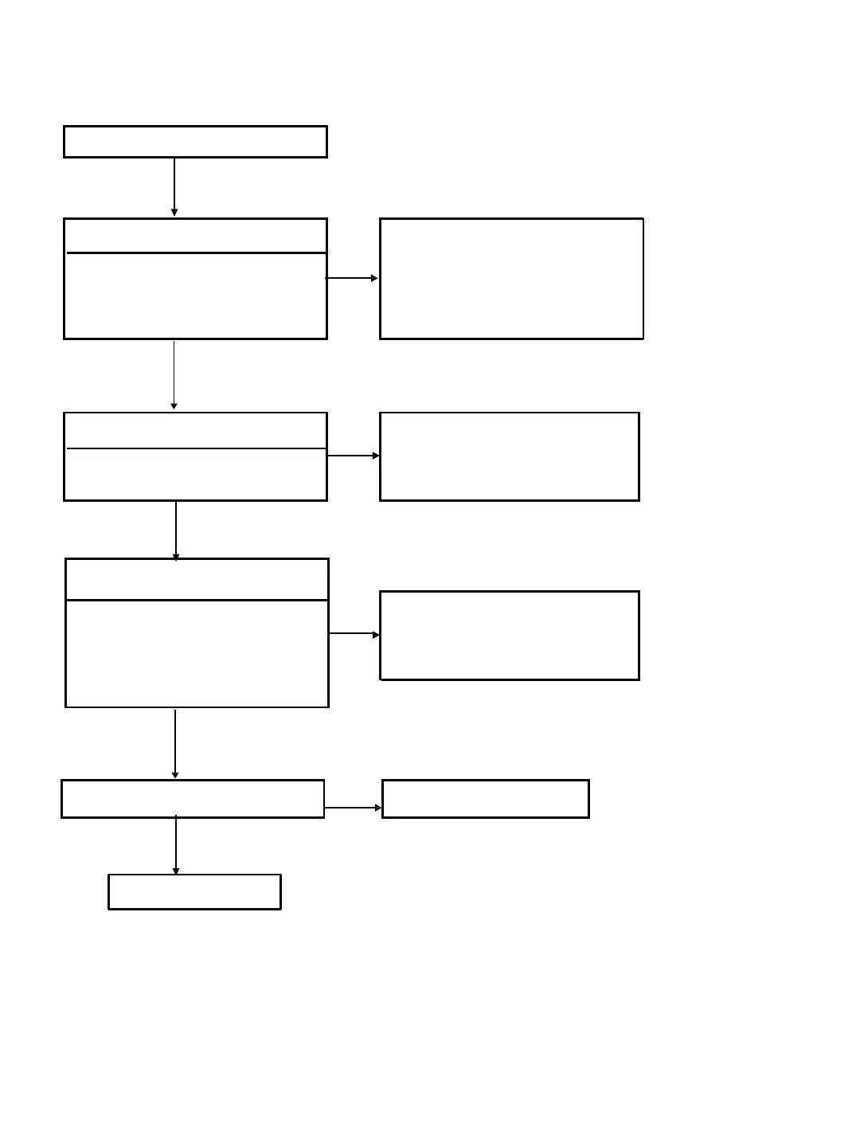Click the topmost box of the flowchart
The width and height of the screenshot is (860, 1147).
(195, 142)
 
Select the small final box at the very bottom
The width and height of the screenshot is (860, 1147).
(194, 891)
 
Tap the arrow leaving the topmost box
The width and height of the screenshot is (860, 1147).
(174, 186)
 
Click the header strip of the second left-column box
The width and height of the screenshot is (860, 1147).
(195, 236)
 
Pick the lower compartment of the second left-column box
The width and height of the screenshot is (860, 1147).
(195, 296)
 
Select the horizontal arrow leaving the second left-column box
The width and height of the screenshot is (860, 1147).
(352, 278)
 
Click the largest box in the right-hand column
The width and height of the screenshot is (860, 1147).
(511, 278)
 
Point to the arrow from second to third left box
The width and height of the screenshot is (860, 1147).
(174, 374)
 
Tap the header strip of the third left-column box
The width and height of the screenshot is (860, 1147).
(195, 430)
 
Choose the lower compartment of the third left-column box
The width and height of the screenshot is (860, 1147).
(195, 475)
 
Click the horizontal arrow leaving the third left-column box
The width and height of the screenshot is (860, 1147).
(354, 456)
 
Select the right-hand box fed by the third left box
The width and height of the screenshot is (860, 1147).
(510, 456)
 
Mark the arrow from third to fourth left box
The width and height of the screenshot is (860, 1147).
(176, 530)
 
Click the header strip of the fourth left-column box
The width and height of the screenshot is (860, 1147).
(197, 579)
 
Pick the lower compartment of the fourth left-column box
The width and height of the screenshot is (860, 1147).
(197, 653)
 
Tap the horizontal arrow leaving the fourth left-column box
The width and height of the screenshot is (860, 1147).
(354, 634)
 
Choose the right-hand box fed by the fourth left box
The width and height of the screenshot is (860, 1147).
(510, 635)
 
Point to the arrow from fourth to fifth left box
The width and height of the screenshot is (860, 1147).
(175, 743)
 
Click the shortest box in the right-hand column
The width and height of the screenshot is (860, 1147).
(486, 798)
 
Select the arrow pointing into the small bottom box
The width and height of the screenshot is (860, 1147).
(176, 846)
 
